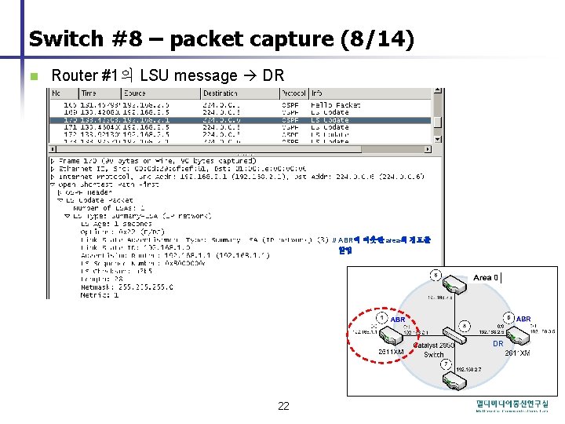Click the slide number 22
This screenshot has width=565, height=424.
coord(283,406)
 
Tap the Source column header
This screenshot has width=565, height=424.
coord(135,93)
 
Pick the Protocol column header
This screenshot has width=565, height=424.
coord(294,93)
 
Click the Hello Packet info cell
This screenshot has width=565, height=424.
coord(335,104)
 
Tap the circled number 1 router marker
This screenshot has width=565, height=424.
coord(382,317)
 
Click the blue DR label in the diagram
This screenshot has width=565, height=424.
coord(498,344)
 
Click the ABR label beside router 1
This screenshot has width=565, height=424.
coord(398,320)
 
